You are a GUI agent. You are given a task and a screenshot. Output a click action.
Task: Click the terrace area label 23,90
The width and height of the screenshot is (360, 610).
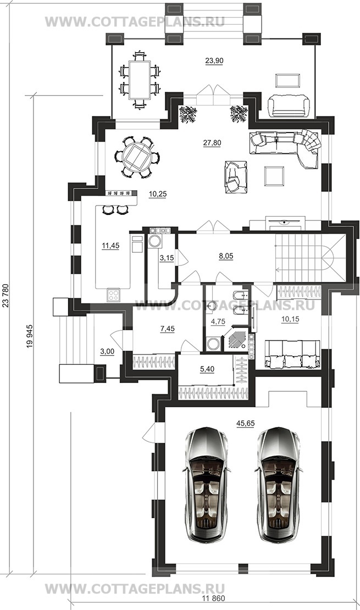point(214,60)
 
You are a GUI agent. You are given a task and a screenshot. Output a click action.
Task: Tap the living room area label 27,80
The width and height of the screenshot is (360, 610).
point(212,143)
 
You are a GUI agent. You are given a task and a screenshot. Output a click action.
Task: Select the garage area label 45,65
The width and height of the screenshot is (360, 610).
point(245,423)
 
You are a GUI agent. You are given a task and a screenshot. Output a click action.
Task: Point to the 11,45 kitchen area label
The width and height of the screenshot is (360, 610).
point(110,246)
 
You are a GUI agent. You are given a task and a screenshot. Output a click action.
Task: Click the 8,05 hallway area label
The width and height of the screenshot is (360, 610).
point(225,256)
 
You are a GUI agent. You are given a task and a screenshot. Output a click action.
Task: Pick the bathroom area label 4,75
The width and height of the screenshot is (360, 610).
point(218,321)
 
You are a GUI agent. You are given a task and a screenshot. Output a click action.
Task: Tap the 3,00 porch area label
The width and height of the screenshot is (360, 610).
point(107,351)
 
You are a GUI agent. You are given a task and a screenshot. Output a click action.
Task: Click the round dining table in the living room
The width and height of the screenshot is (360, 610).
point(137,157)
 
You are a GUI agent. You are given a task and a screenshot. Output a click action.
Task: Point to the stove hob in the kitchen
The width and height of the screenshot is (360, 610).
point(114,295)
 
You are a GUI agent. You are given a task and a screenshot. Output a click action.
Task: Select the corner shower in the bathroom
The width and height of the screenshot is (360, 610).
point(236,339)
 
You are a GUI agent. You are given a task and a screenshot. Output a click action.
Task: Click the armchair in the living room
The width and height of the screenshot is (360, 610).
point(235,176)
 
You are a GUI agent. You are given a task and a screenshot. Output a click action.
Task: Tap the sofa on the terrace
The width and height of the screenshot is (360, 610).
point(289,106)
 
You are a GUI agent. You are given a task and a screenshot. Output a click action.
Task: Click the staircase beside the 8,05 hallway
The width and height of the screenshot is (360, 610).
point(310,258)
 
